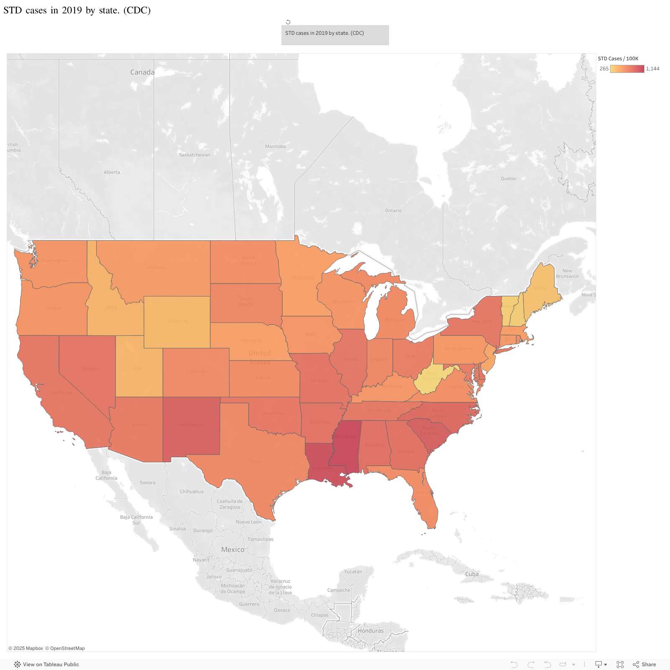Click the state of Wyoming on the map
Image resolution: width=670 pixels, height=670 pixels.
pos(177,322)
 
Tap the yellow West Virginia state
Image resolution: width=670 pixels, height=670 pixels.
pos(429,379)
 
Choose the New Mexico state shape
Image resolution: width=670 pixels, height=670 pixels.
pos(191,425)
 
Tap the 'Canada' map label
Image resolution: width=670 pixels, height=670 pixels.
pos(142,72)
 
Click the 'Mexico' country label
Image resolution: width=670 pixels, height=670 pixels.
pos(233,549)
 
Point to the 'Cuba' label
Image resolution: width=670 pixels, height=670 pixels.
pos(472,574)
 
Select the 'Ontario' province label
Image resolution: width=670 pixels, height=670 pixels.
pos(393,211)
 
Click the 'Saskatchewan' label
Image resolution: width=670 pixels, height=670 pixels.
pos(195,155)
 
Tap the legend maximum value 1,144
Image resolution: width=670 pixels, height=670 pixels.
pos(652,69)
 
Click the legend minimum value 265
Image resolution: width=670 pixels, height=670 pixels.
pos(604,69)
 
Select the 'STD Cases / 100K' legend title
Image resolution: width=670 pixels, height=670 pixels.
pos(618,59)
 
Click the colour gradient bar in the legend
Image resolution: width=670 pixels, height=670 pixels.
pos(627,69)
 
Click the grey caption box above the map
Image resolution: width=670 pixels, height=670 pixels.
pos(335,35)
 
